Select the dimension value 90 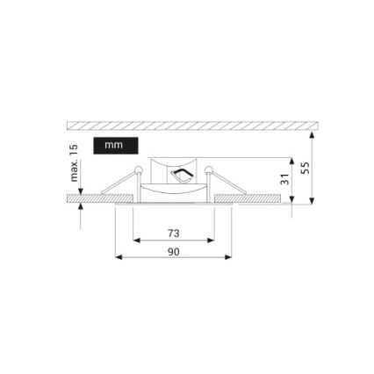click(172, 251)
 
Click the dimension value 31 click(284, 179)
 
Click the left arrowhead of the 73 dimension click(136, 240)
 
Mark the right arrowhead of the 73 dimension click(211, 240)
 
